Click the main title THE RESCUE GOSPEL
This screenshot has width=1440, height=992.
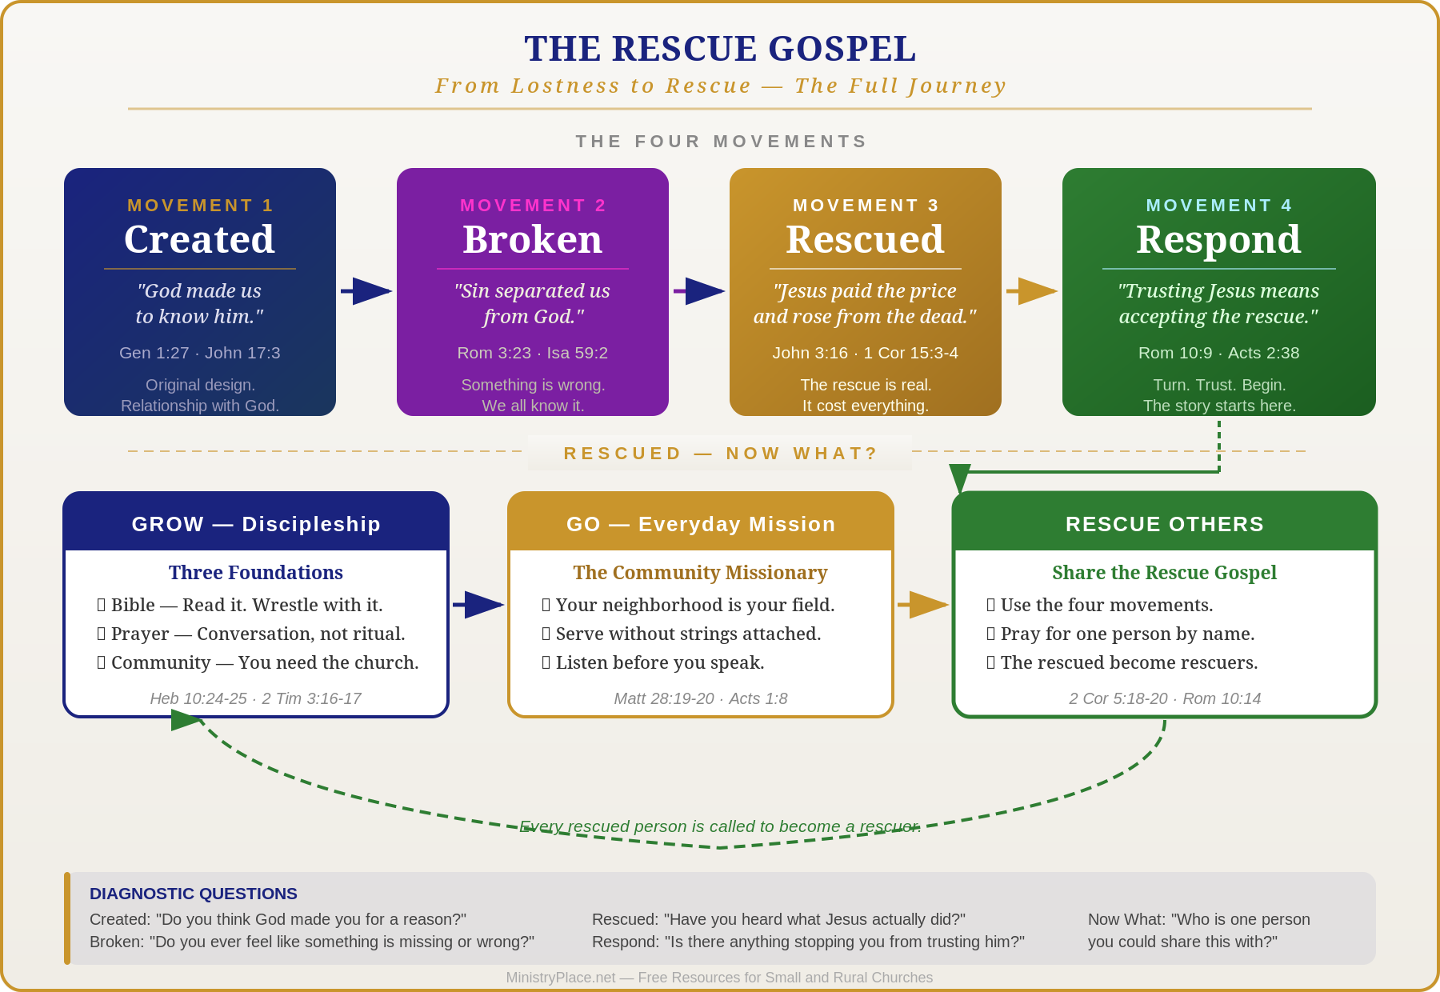(x=720, y=49)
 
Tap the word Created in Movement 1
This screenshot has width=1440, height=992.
(x=199, y=239)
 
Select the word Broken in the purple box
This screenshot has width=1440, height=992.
(x=532, y=239)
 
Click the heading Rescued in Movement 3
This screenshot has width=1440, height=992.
(x=865, y=239)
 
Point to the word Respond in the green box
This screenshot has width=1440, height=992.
(x=1218, y=240)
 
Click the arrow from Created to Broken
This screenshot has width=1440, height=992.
(x=366, y=291)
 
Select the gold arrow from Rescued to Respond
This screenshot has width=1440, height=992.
(x=1032, y=291)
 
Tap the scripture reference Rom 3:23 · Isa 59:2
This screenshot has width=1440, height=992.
(x=532, y=353)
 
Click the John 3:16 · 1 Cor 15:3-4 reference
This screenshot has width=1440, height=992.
(x=865, y=353)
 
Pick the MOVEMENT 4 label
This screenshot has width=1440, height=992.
(x=1218, y=206)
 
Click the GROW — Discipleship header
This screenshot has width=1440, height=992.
(x=256, y=524)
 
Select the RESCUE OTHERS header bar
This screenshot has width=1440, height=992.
(x=1165, y=522)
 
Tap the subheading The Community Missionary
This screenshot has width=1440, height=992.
(x=700, y=573)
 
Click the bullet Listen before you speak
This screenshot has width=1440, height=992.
(x=654, y=662)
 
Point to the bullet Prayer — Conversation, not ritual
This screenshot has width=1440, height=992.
(x=251, y=634)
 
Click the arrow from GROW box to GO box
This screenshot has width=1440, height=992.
(x=478, y=605)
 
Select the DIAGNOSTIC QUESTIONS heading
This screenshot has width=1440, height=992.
(x=194, y=894)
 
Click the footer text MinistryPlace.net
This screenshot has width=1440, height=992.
(x=561, y=978)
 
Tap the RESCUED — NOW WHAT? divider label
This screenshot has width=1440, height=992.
(x=720, y=454)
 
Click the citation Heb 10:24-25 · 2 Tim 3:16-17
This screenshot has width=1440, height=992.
(x=256, y=698)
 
